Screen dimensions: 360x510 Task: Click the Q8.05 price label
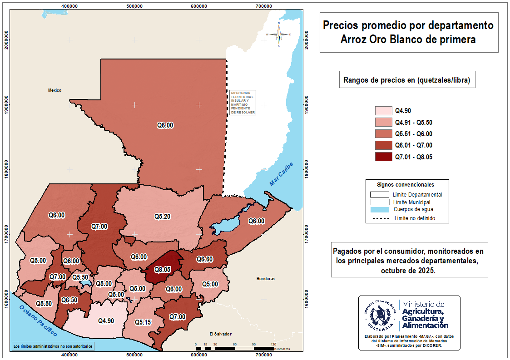pos(161,269)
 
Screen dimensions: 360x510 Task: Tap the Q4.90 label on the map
pos(106,321)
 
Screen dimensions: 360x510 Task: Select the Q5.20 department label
pos(162,217)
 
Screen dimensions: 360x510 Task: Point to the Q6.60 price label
pos(204,259)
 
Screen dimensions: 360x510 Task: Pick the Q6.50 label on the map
pos(69,300)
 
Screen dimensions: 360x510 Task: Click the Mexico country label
pos(54,90)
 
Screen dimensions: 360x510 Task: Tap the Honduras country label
pos(266,278)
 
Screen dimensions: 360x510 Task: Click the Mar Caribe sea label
pos(282,174)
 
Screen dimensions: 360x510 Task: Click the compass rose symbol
pos(279,35)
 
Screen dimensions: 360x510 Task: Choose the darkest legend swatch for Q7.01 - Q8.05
pos(383,157)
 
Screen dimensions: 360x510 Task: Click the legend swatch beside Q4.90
pos(383,110)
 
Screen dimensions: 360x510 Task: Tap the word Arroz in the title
pos(354,39)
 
